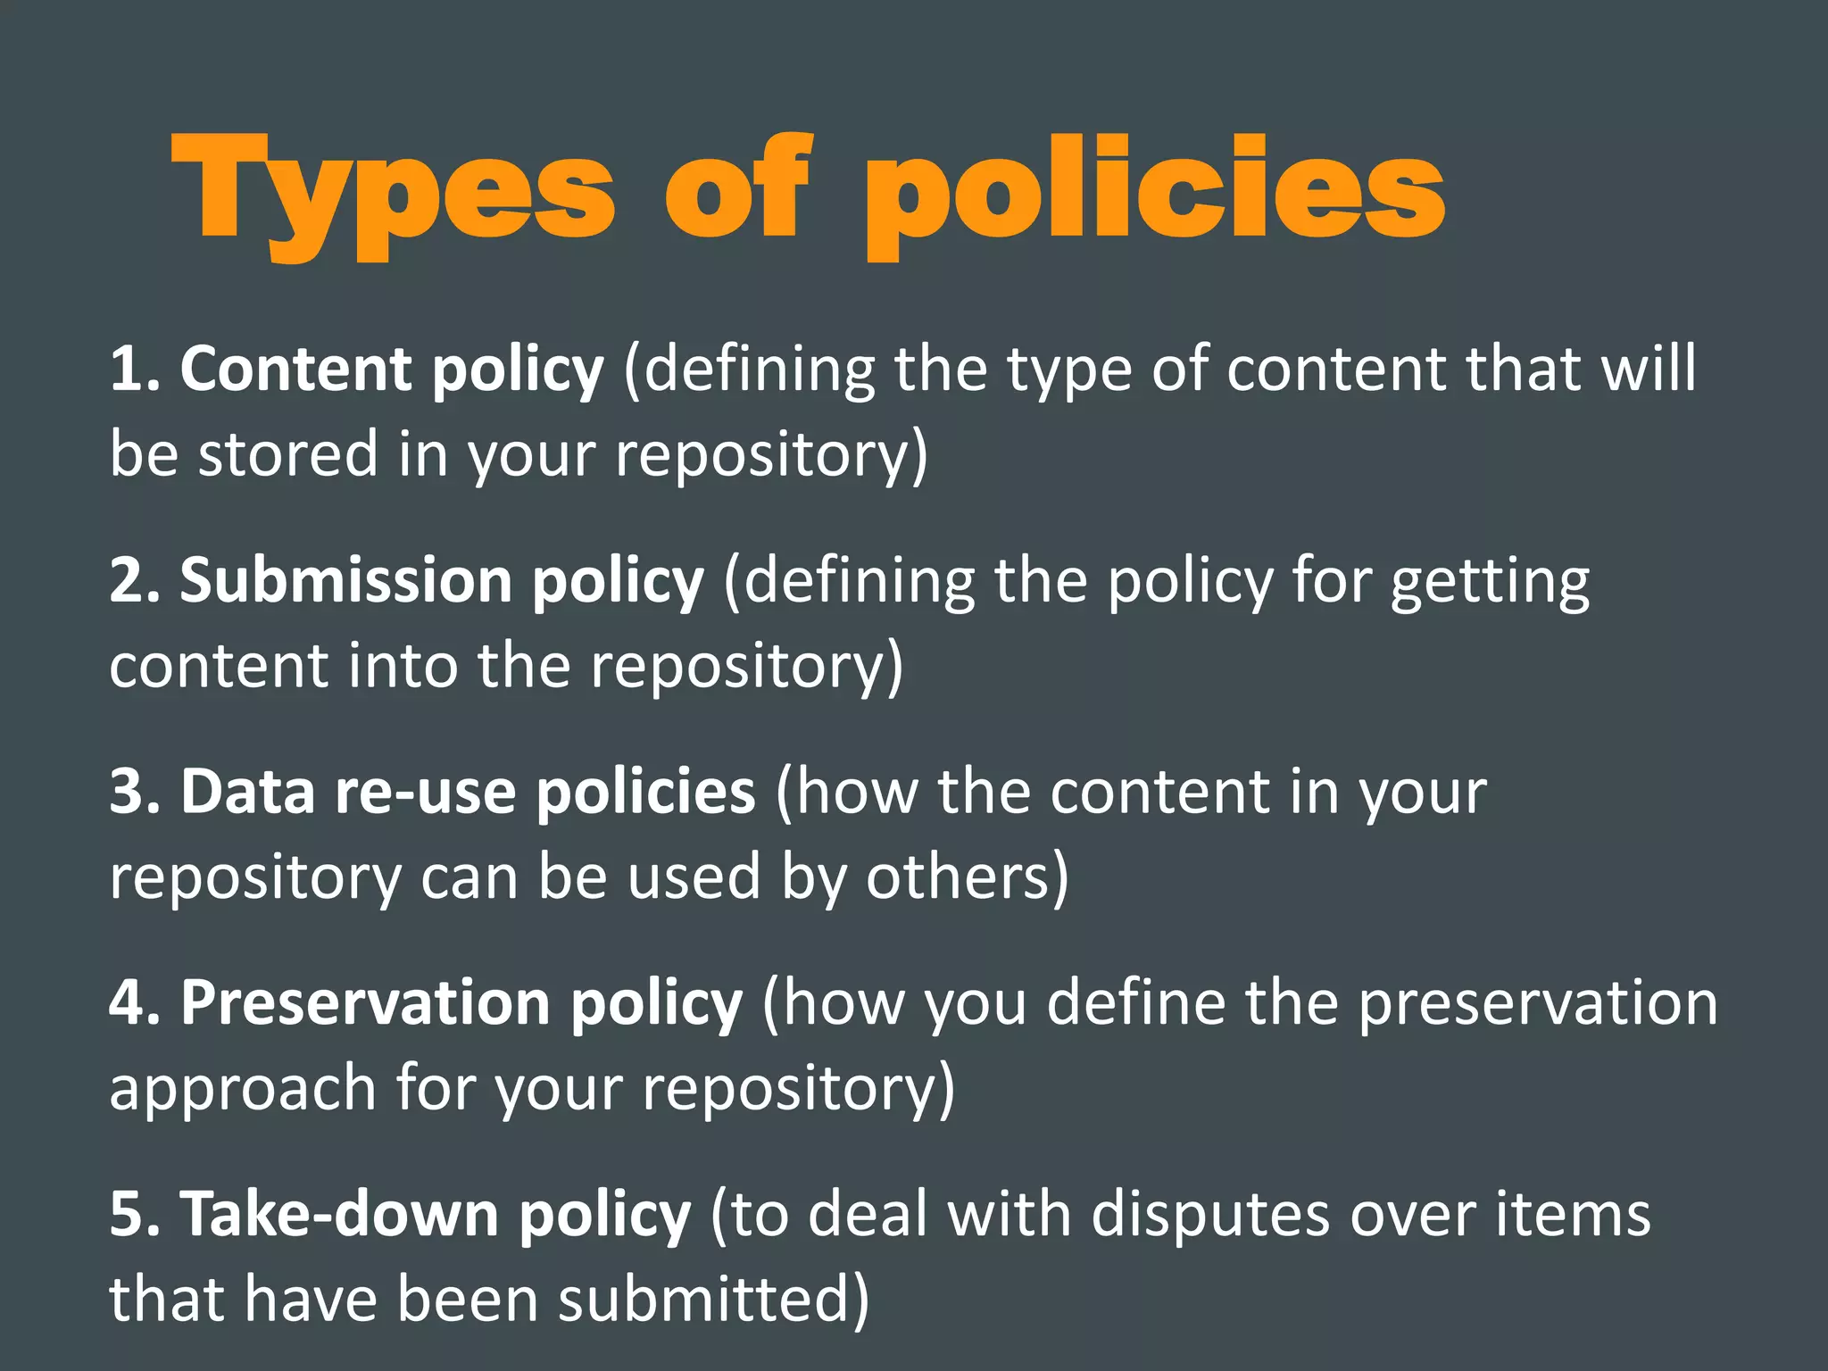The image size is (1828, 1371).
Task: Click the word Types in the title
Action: point(393,192)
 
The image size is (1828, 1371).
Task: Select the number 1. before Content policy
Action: point(135,369)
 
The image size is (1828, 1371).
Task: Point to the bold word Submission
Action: point(346,580)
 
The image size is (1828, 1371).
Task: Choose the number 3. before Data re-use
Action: point(135,792)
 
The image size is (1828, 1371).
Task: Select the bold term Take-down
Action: point(339,1214)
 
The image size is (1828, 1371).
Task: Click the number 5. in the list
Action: point(135,1214)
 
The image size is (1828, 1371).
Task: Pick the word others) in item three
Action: point(968,877)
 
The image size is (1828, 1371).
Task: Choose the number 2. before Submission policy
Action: point(135,580)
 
